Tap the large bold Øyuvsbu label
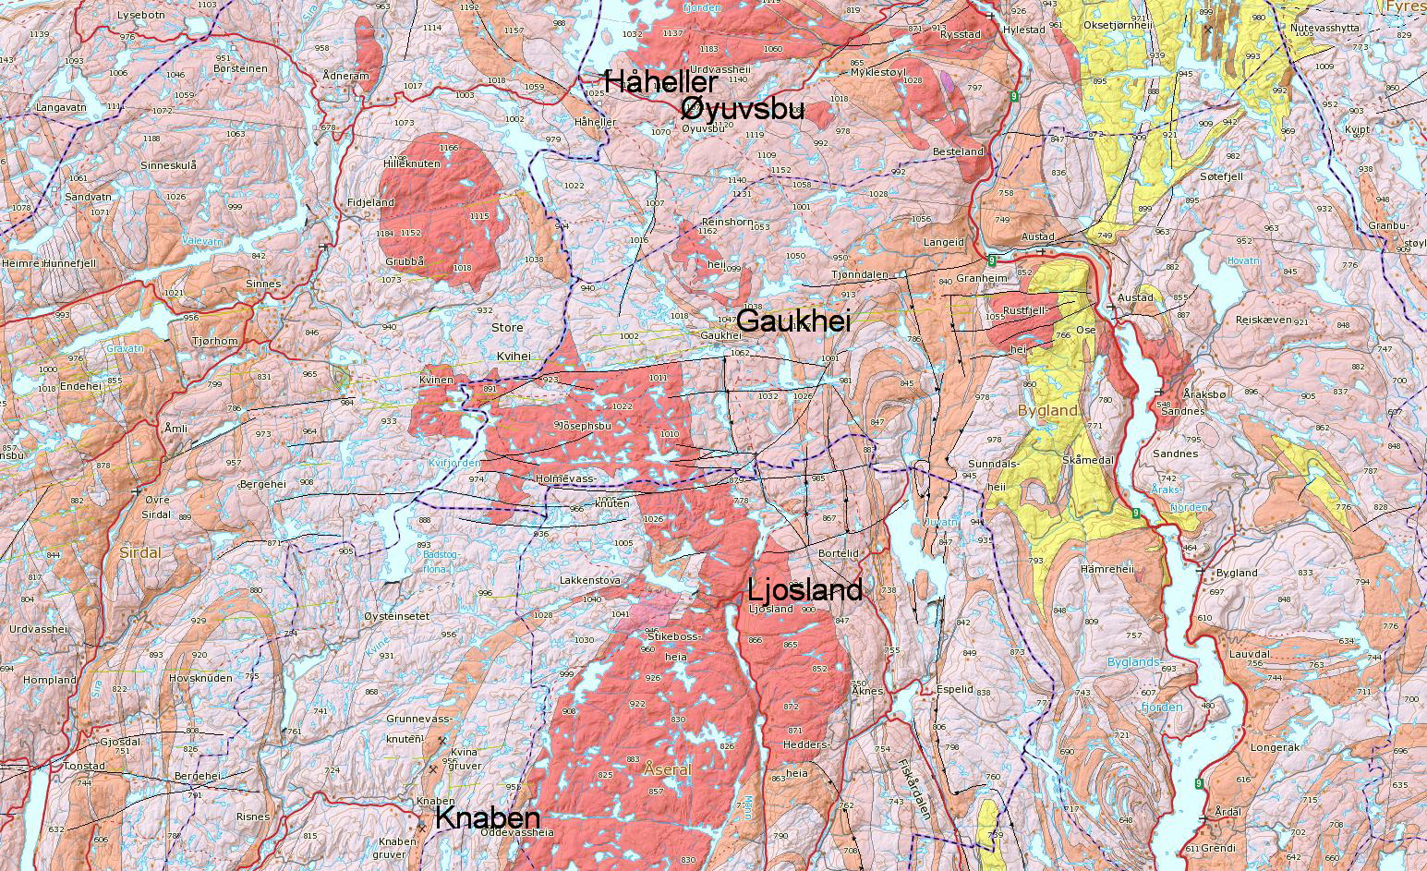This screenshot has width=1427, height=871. tap(742, 110)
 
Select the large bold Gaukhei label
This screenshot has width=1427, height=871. tap(794, 321)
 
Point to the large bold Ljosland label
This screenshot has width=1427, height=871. tap(804, 590)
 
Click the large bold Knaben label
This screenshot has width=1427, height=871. tap(487, 817)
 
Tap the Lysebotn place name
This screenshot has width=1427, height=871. tap(141, 16)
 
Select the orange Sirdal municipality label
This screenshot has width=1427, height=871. tap(140, 552)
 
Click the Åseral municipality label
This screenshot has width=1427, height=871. tap(667, 768)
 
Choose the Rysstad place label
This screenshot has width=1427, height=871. tap(960, 34)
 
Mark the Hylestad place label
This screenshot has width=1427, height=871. tap(1023, 30)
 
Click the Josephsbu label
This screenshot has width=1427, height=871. tap(582, 426)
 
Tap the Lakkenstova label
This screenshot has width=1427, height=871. tap(589, 581)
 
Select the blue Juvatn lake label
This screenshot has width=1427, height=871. tap(941, 523)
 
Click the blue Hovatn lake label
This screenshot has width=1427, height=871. tap(1244, 261)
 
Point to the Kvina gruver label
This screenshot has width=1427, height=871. tap(465, 757)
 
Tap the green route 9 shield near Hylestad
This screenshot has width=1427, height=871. tap(1015, 96)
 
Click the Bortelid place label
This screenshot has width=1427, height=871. tap(839, 552)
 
